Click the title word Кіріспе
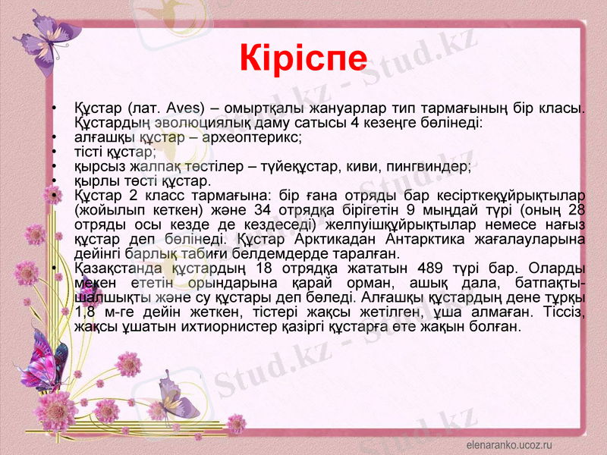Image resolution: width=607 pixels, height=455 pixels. tap(303, 55)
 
